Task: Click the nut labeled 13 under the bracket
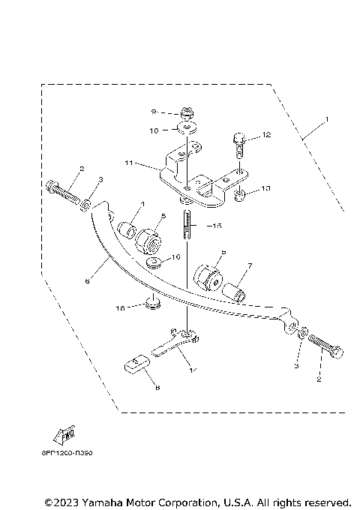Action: [x=240, y=197]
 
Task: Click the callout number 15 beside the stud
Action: [x=217, y=225]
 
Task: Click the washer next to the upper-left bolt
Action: [x=87, y=203]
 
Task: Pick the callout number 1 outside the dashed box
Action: [x=327, y=119]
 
